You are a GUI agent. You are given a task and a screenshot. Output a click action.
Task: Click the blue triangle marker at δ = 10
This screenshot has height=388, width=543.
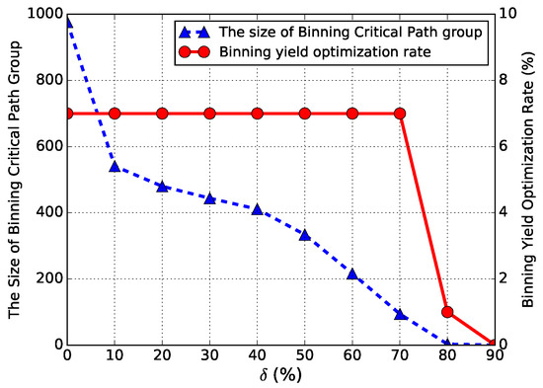(x=115, y=166)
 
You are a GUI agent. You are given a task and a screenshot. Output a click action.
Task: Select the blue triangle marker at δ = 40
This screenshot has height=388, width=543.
(x=257, y=208)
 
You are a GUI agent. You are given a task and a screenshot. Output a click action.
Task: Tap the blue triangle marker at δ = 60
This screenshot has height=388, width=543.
(x=351, y=273)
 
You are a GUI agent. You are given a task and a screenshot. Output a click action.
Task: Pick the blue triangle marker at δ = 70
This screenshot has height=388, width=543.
(x=399, y=314)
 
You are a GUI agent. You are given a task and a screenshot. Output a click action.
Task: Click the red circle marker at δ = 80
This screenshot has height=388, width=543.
(x=446, y=311)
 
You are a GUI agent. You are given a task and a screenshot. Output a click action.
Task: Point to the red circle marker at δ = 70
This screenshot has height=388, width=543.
(x=399, y=114)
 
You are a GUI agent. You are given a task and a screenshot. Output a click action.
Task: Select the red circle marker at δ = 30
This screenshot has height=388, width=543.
(x=209, y=114)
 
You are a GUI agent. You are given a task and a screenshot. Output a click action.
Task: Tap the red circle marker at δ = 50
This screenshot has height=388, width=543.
(x=304, y=114)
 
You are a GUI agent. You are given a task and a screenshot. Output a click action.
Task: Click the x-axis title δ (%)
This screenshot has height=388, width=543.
(x=280, y=375)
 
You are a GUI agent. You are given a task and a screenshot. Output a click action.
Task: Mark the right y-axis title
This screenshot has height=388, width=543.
(x=530, y=179)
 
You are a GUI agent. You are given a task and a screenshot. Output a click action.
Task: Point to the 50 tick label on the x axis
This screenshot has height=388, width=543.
(x=304, y=355)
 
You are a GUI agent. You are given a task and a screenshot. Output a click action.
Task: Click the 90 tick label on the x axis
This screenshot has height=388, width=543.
(x=493, y=355)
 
